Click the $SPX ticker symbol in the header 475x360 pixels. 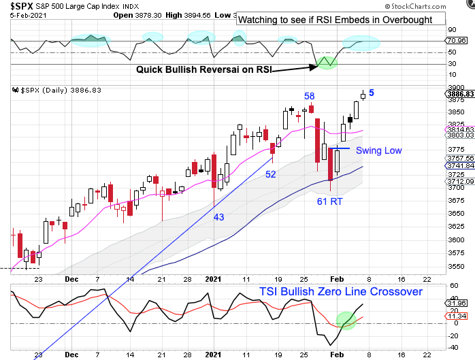coord(18,6)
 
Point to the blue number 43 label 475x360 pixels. coord(219,216)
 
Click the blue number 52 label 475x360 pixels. coord(271,174)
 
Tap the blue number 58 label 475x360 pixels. coord(309,96)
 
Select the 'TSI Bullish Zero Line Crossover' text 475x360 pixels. coord(340,291)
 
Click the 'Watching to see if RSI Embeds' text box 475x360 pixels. coord(335,20)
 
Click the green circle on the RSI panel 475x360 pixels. coord(328,63)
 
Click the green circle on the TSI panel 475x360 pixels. coord(347,320)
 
